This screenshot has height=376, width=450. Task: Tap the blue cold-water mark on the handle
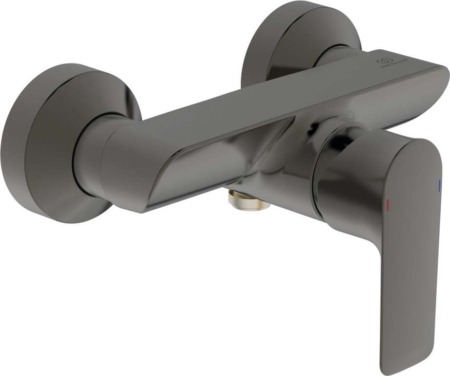439,184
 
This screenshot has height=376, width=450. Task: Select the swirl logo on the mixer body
383,61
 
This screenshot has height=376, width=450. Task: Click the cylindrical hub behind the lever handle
342,180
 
